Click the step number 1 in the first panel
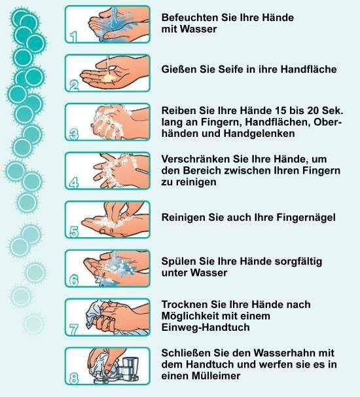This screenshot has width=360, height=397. point(73,37)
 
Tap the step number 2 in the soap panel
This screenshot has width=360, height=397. point(74,86)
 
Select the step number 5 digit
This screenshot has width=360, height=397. point(74,232)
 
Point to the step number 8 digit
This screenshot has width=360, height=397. point(74,379)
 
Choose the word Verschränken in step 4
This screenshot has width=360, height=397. point(196,159)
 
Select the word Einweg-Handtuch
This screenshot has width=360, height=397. point(206,328)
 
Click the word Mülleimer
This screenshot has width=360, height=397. point(216,376)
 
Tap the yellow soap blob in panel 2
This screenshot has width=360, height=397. point(109,78)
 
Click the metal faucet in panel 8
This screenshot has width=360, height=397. point(126,369)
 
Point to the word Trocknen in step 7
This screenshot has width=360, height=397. point(185,305)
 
